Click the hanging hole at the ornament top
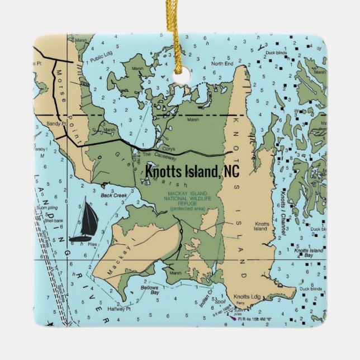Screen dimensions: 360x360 pos(180,76)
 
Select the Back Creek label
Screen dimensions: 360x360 pos(114,196)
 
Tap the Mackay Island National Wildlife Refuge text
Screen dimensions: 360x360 pos(184,201)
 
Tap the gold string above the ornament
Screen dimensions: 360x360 pos(180,34)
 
